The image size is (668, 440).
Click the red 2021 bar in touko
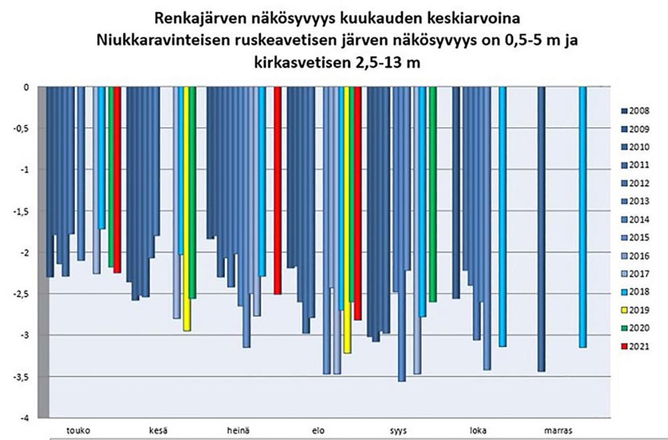click(118, 181)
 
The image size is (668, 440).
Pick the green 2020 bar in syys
click(433, 194)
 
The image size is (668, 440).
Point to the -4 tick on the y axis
click(24, 418)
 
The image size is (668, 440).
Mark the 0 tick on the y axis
click(26, 87)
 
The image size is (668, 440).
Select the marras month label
click(556, 428)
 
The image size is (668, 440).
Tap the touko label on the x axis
click(79, 428)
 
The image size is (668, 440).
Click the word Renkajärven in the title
click(194, 16)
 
